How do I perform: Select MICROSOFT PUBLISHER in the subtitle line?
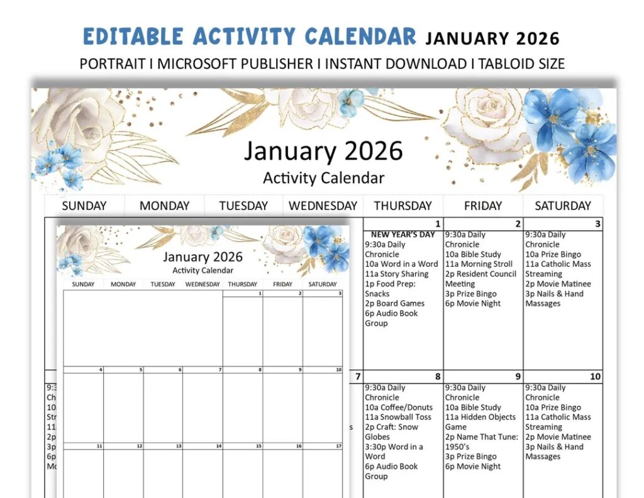click(x=235, y=64)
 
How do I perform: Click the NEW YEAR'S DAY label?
click(x=402, y=235)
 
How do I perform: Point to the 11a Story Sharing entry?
click(x=396, y=274)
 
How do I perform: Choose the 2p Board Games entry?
click(x=394, y=304)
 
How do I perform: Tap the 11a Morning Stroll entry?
click(x=479, y=264)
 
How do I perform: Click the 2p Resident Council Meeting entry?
click(x=480, y=279)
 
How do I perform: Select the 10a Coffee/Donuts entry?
click(x=399, y=407)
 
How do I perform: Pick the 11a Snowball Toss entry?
click(x=398, y=417)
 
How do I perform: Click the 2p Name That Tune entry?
click(x=482, y=441)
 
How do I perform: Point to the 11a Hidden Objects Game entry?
click(x=480, y=422)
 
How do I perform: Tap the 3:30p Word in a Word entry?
click(x=394, y=451)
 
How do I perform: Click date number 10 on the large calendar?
click(x=595, y=377)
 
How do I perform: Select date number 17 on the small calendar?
click(x=338, y=446)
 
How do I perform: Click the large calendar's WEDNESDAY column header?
click(x=323, y=206)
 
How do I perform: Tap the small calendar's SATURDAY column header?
click(x=323, y=284)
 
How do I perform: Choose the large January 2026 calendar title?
click(x=323, y=152)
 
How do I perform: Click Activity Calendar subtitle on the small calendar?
click(x=203, y=270)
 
